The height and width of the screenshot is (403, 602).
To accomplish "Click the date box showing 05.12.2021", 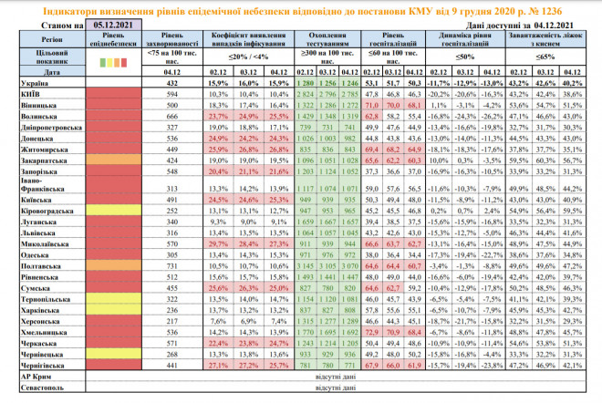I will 101,26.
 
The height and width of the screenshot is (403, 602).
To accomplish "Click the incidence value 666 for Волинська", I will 167,117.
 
